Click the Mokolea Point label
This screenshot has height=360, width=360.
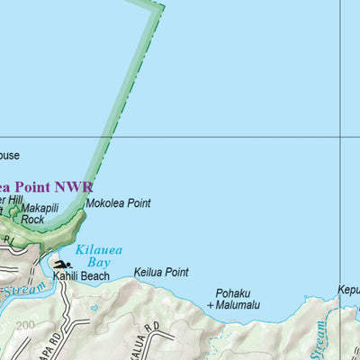pos(118,203)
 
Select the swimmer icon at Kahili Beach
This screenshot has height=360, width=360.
pos(63,265)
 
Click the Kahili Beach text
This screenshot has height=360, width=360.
pos(80,276)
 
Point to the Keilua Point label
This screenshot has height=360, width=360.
pos(161,272)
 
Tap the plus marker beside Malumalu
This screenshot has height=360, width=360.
pos(211,306)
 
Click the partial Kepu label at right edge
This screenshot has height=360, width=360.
pos(348,291)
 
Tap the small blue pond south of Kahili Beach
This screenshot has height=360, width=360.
pos(94,307)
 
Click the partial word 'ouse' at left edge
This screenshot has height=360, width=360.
pos(9,156)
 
